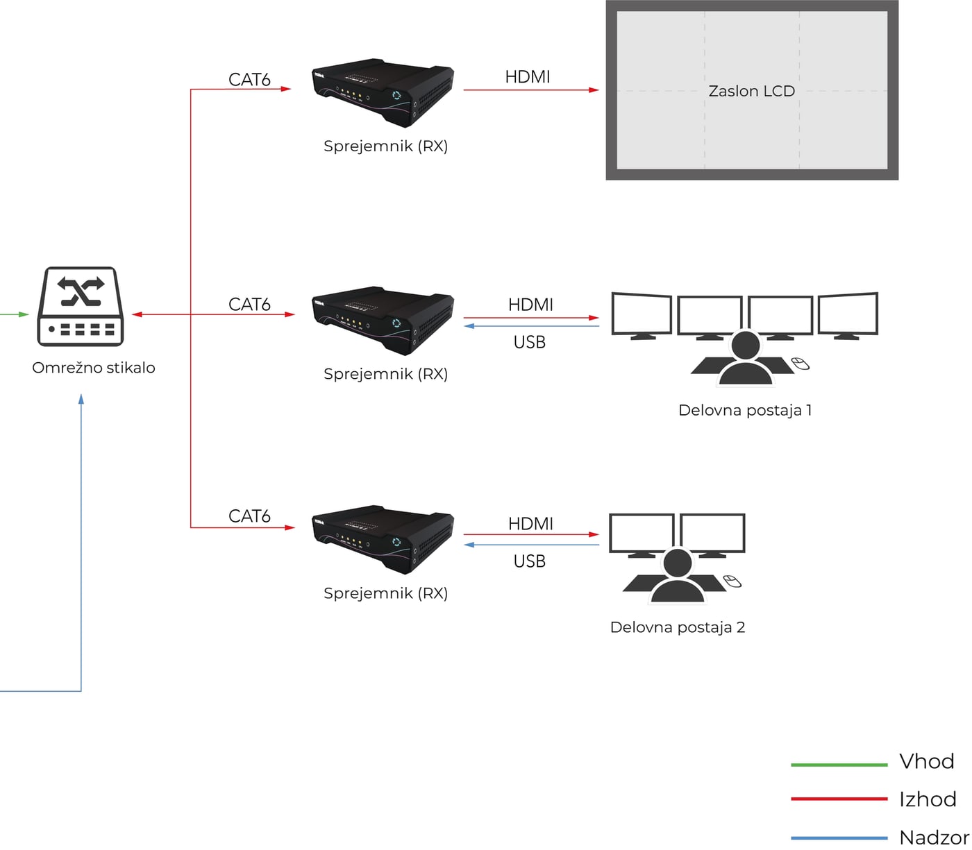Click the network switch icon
[x=81, y=306]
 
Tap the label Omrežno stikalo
[x=94, y=368]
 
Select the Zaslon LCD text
[x=752, y=91]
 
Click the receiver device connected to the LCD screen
[x=383, y=92]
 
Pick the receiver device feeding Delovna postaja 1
[x=383, y=321]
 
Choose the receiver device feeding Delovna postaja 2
[x=383, y=539]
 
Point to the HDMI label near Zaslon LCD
[x=528, y=77]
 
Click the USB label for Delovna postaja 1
[x=529, y=342]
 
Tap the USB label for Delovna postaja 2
[x=529, y=561]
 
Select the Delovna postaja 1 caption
[x=745, y=410]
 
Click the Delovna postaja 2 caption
[x=678, y=627]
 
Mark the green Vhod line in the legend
[x=839, y=765]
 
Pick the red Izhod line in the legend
[x=839, y=799]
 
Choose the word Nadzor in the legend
[x=934, y=838]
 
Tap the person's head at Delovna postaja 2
[x=678, y=563]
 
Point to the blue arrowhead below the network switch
[x=81, y=400]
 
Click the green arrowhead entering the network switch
[x=24, y=314]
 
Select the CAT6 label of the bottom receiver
[x=249, y=516]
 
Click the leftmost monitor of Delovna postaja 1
[x=642, y=314]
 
